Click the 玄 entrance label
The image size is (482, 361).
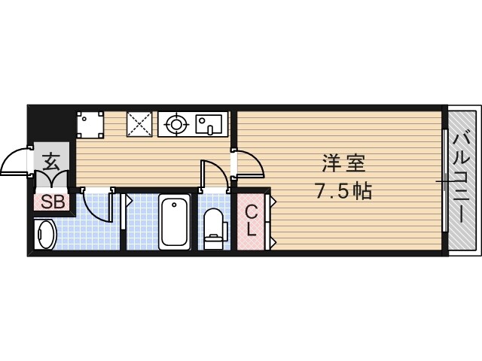(51, 160)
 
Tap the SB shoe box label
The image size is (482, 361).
(52, 202)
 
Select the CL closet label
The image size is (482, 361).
(252, 220)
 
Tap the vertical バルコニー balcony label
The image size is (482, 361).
(462, 180)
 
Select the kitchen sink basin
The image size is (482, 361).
(209, 123)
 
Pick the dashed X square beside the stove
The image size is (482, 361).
(139, 123)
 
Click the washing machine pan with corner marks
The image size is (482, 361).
(90, 123)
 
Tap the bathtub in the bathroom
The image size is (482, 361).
(175, 221)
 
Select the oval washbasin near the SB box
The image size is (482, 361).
(45, 235)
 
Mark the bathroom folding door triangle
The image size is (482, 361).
(128, 202)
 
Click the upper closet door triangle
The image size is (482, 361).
(273, 202)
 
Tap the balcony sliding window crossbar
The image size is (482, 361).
(445, 180)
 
